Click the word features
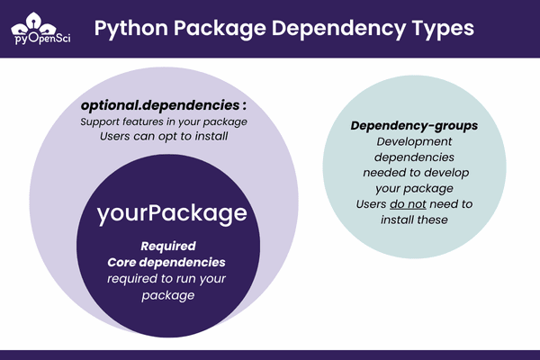pos(151,121)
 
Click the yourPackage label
pos(172,214)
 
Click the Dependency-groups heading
pos(414,125)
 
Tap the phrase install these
pos(414,220)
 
